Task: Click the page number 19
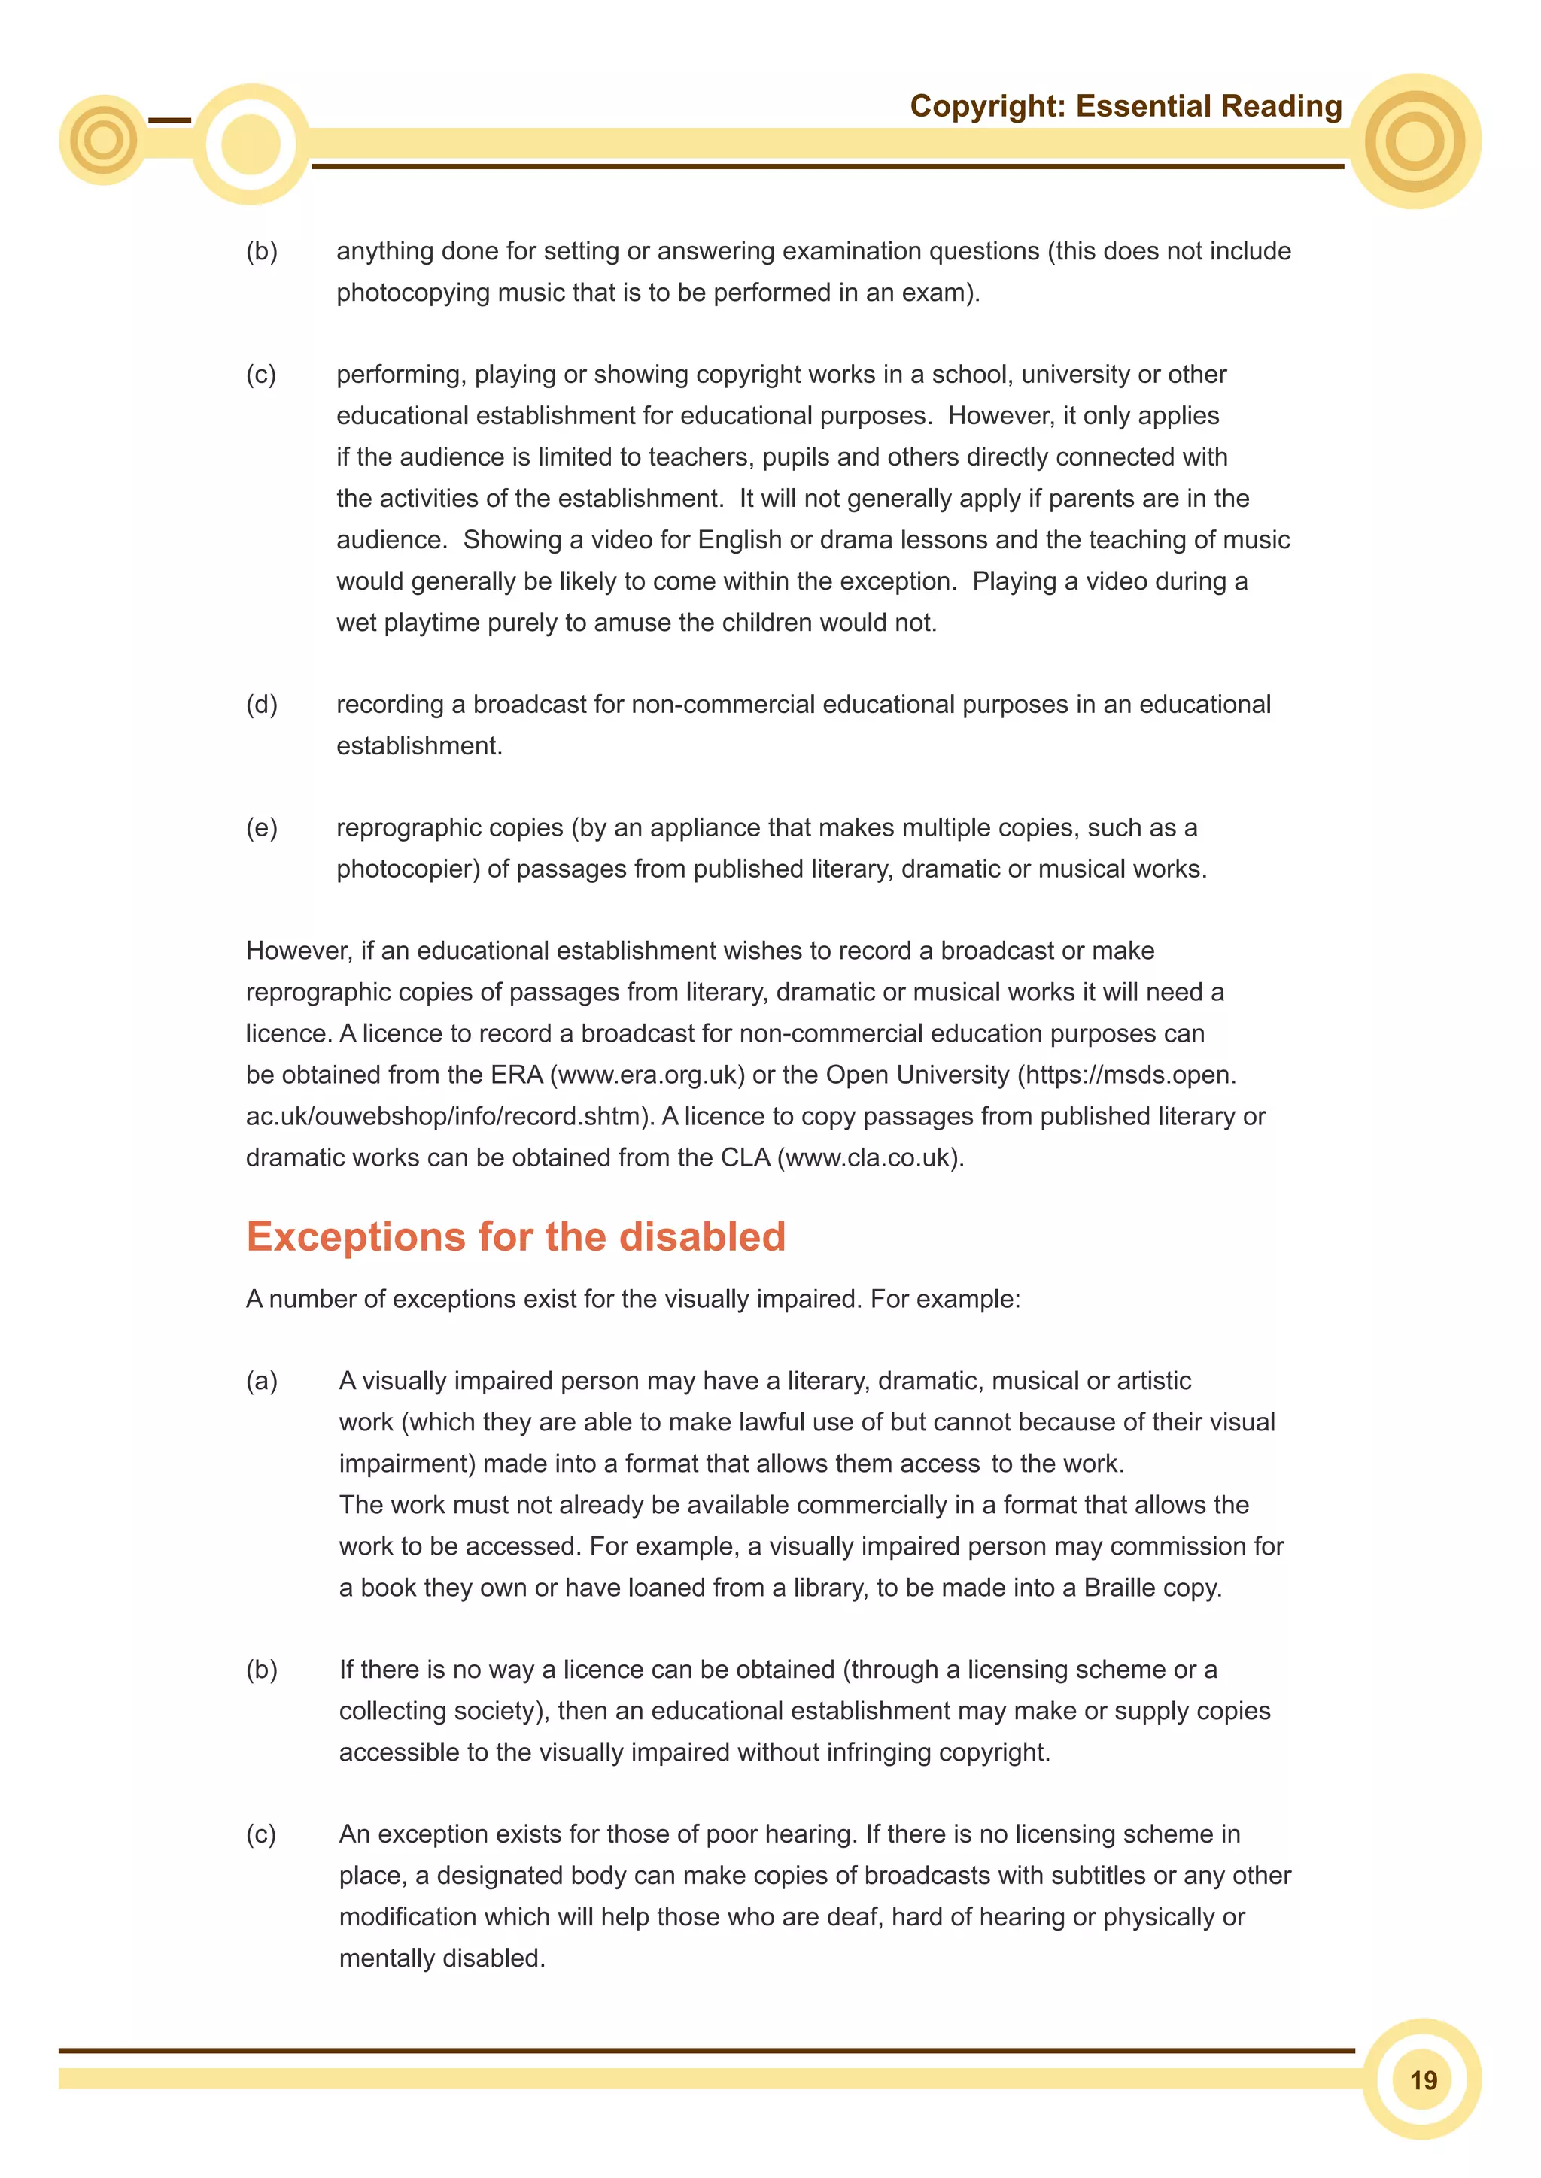click(x=1422, y=2080)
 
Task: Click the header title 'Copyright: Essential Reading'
click(x=1126, y=106)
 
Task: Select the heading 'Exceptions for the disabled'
click(x=515, y=1237)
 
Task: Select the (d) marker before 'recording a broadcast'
click(x=262, y=705)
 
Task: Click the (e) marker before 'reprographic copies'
click(x=262, y=828)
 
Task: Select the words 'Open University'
click(x=916, y=1075)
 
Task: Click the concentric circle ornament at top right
click(x=1415, y=141)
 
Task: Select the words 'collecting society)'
click(x=444, y=1711)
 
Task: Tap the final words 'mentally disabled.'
click(x=442, y=1958)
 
